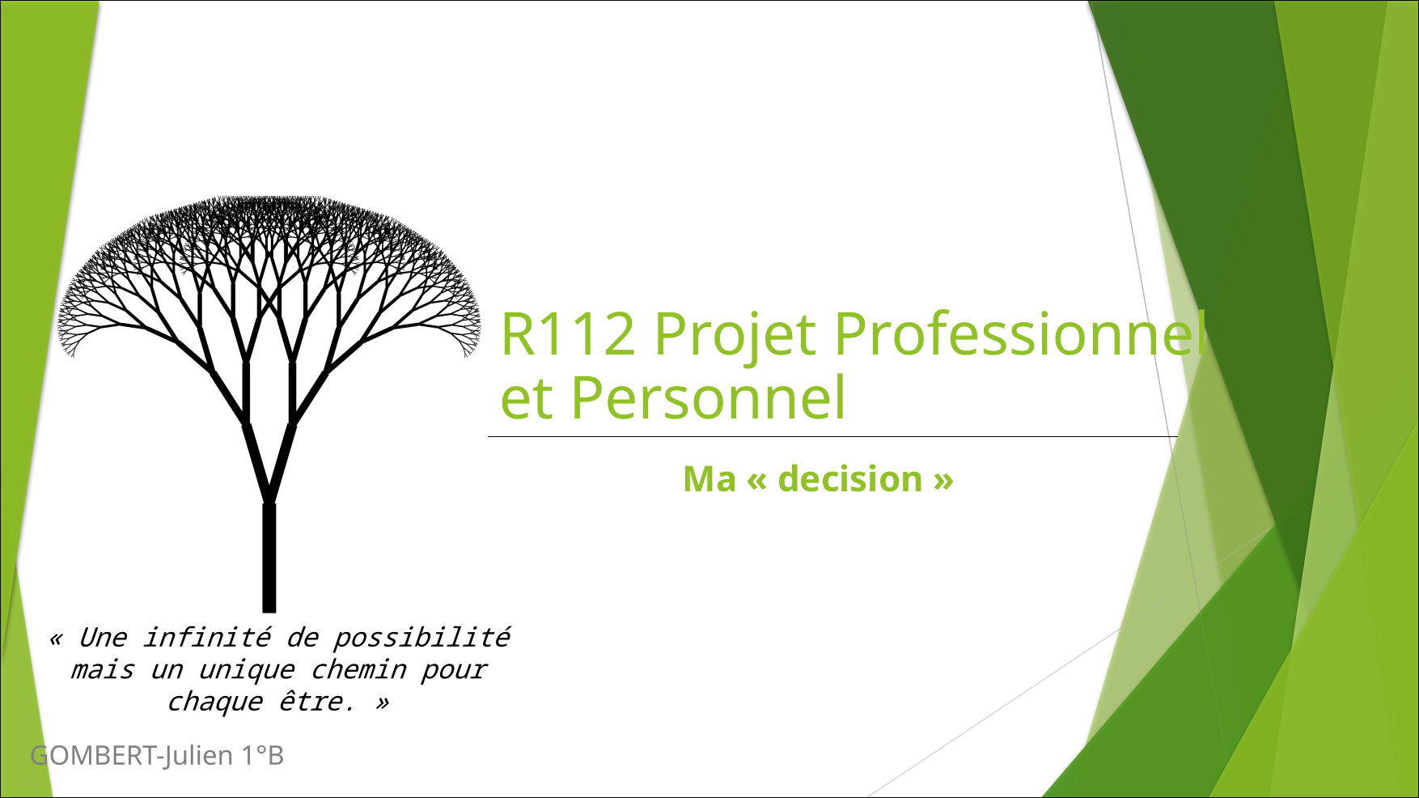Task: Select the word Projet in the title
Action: pyautogui.click(x=735, y=335)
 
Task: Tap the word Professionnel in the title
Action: pyautogui.click(x=1019, y=333)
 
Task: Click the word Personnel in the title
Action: pyautogui.click(x=709, y=398)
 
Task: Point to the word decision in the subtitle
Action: pyautogui.click(x=849, y=479)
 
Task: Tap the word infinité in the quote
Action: pyautogui.click(x=207, y=638)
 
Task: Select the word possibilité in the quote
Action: pyautogui.click(x=421, y=639)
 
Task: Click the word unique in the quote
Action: pyautogui.click(x=247, y=670)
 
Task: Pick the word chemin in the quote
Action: pyautogui.click(x=358, y=670)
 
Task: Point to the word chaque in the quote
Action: pyautogui.click(x=214, y=702)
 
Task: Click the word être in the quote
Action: pyautogui.click(x=316, y=702)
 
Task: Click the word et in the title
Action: pyautogui.click(x=527, y=400)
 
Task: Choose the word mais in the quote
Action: pyautogui.click(x=102, y=671)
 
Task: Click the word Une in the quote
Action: pyautogui.click(x=103, y=638)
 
